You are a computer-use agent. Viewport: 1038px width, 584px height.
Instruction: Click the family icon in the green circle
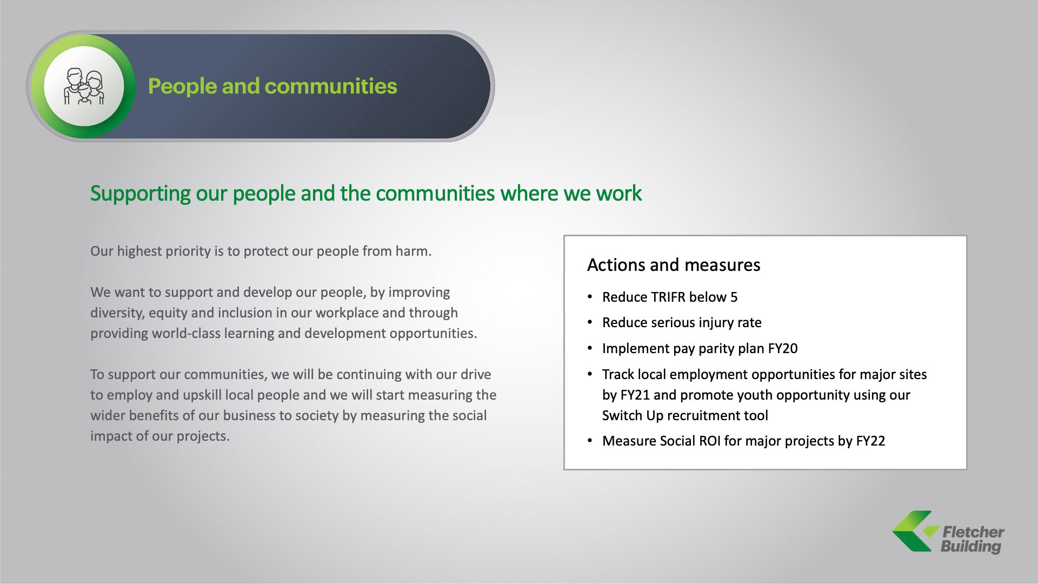pyautogui.click(x=84, y=87)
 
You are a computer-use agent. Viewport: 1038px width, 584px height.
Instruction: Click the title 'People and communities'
pyautogui.click(x=272, y=86)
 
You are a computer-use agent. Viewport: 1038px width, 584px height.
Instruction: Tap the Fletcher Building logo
pyautogui.click(x=948, y=533)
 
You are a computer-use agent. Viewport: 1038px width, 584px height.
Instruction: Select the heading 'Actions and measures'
pyautogui.click(x=674, y=265)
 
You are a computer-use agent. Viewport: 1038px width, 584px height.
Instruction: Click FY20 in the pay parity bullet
pyautogui.click(x=783, y=349)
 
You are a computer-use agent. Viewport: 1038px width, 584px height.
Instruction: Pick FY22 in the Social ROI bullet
pyautogui.click(x=870, y=441)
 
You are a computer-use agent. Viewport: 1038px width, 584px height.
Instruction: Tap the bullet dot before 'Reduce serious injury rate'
pyautogui.click(x=590, y=323)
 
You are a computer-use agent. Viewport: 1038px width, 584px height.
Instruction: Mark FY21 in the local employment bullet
pyautogui.click(x=635, y=395)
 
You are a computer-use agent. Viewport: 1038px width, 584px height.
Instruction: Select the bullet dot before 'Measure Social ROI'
pyautogui.click(x=590, y=441)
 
